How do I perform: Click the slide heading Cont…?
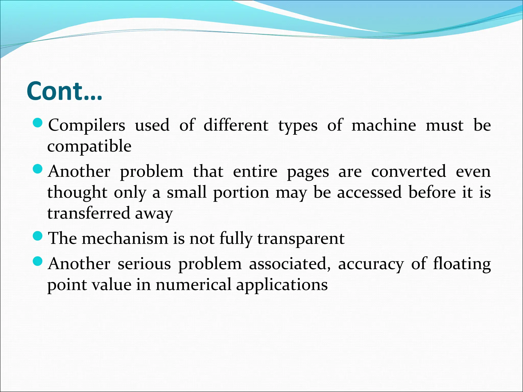click(x=64, y=91)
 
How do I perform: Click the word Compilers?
click(x=87, y=126)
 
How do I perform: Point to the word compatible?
click(x=89, y=146)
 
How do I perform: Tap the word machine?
click(x=384, y=126)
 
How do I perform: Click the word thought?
click(x=77, y=192)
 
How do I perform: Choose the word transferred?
click(x=88, y=213)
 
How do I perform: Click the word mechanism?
click(x=125, y=238)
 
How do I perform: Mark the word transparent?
click(x=301, y=239)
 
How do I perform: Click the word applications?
click(x=282, y=285)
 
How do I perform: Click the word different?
click(x=236, y=126)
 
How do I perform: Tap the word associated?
click(x=290, y=264)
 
